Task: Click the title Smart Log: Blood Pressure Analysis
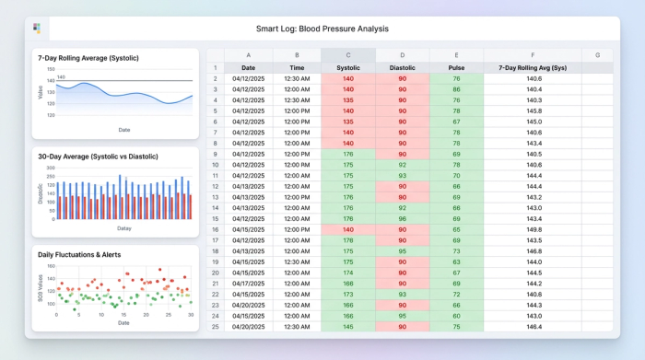click(x=322, y=29)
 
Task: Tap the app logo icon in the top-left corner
click(x=37, y=29)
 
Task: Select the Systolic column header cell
click(x=348, y=67)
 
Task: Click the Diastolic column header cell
click(x=403, y=67)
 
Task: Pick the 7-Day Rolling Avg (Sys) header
click(x=533, y=67)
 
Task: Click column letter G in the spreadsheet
click(x=597, y=55)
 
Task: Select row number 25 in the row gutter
click(x=214, y=326)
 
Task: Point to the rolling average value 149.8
click(x=533, y=229)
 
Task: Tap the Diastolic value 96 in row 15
click(x=403, y=218)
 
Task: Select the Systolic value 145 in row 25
click(x=348, y=326)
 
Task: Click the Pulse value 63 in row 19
click(x=456, y=261)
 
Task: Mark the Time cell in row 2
click(x=297, y=78)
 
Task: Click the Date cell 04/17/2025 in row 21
click(x=248, y=283)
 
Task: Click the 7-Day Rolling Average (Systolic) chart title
click(x=82, y=58)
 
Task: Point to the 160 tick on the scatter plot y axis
click(x=52, y=266)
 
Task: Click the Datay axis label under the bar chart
click(x=123, y=227)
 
